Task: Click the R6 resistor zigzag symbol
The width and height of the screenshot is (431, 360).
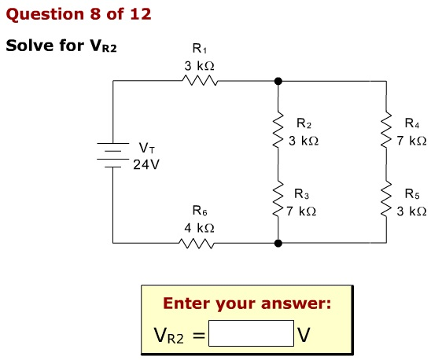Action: point(199,243)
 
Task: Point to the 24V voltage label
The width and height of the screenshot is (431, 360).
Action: point(146,166)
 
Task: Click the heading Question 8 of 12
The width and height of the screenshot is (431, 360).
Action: point(79,14)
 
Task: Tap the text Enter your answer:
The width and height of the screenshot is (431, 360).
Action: point(247,303)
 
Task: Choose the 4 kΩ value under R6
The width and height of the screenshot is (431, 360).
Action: point(199,227)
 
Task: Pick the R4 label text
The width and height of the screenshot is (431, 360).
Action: point(411,123)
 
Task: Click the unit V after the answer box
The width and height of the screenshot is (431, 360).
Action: point(304,336)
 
